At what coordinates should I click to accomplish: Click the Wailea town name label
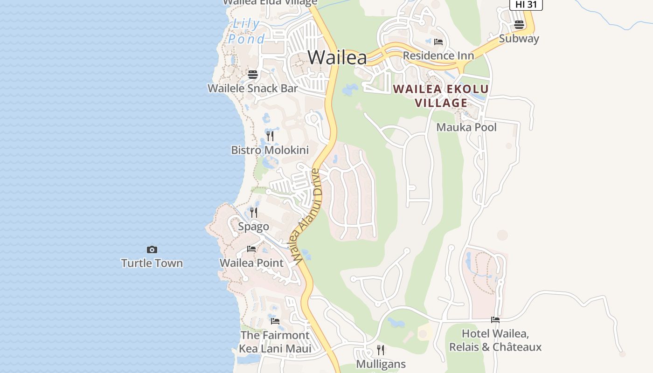click(337, 57)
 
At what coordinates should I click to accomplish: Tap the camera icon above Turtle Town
click(152, 250)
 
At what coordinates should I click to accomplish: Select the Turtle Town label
click(152, 263)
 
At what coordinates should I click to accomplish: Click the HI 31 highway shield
click(526, 4)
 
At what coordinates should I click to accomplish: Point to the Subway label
click(519, 39)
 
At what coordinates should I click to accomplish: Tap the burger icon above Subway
click(519, 25)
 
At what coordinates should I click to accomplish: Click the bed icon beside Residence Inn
click(438, 42)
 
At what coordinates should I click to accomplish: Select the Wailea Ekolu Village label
click(441, 96)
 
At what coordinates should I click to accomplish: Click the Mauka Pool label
click(466, 127)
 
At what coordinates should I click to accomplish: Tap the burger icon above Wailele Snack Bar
click(253, 75)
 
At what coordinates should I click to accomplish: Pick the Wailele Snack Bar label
click(252, 88)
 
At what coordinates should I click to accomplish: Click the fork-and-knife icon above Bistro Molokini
click(270, 136)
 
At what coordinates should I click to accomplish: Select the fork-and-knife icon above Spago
click(254, 213)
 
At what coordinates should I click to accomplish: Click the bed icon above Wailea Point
click(251, 249)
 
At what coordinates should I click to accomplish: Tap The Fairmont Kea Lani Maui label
click(275, 342)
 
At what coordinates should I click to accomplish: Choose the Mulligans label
click(381, 364)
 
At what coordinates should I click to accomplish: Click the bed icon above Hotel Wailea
click(495, 320)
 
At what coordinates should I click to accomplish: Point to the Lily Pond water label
click(246, 31)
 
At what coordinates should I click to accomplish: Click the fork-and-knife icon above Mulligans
click(381, 350)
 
